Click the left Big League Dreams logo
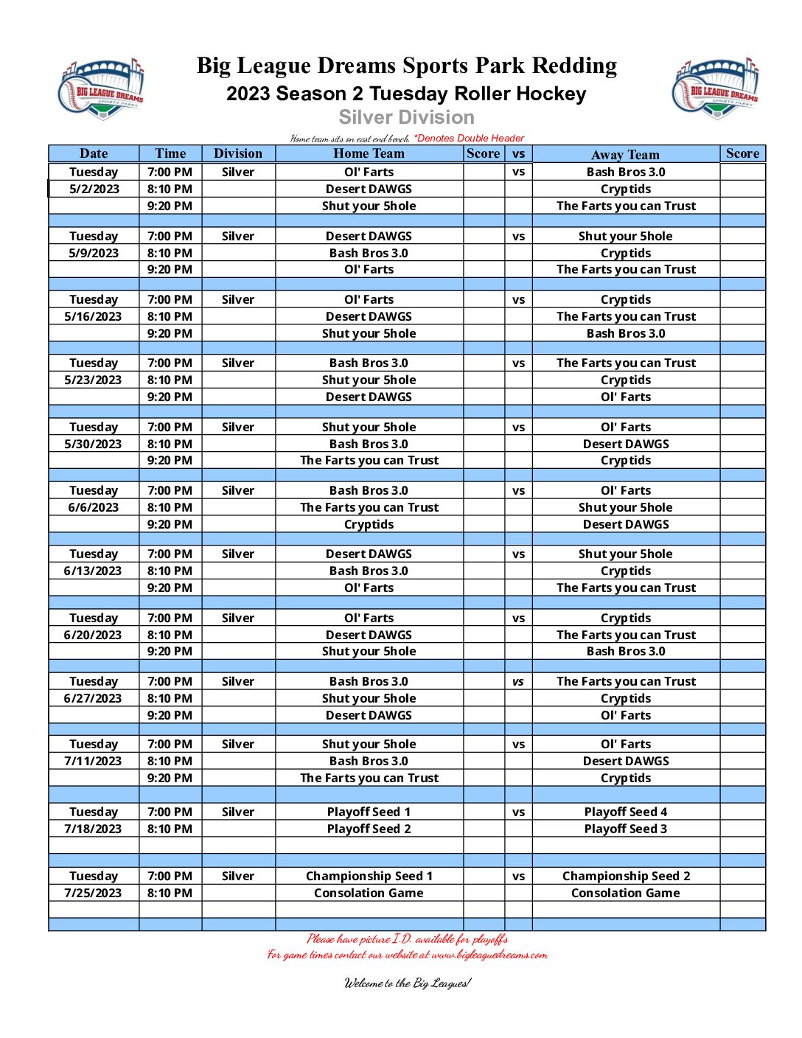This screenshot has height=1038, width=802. pos(101,89)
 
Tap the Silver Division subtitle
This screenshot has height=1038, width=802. pos(406,117)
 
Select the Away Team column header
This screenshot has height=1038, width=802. pos(625,154)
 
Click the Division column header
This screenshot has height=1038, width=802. pos(238,153)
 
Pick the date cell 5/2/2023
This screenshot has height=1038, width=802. pos(94,189)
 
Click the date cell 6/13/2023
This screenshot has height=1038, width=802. pos(93,571)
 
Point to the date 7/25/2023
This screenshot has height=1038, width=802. pos(93,893)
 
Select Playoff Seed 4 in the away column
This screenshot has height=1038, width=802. pos(625,812)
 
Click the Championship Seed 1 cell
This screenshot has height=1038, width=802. pos(369,876)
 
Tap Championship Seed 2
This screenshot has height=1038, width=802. pos(626,876)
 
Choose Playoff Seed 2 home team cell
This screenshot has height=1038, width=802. pos(369,829)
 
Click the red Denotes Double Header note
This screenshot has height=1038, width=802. pos(469,138)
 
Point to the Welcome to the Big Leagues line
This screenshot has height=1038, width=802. pos(407,983)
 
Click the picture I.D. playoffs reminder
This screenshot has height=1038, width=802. pos(407,938)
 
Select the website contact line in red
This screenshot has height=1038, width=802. pos(407,955)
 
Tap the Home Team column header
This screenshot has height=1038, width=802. pos(369,153)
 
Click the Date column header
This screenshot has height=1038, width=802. pos(94,153)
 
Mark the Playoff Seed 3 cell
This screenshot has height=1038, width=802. pos(625,829)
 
